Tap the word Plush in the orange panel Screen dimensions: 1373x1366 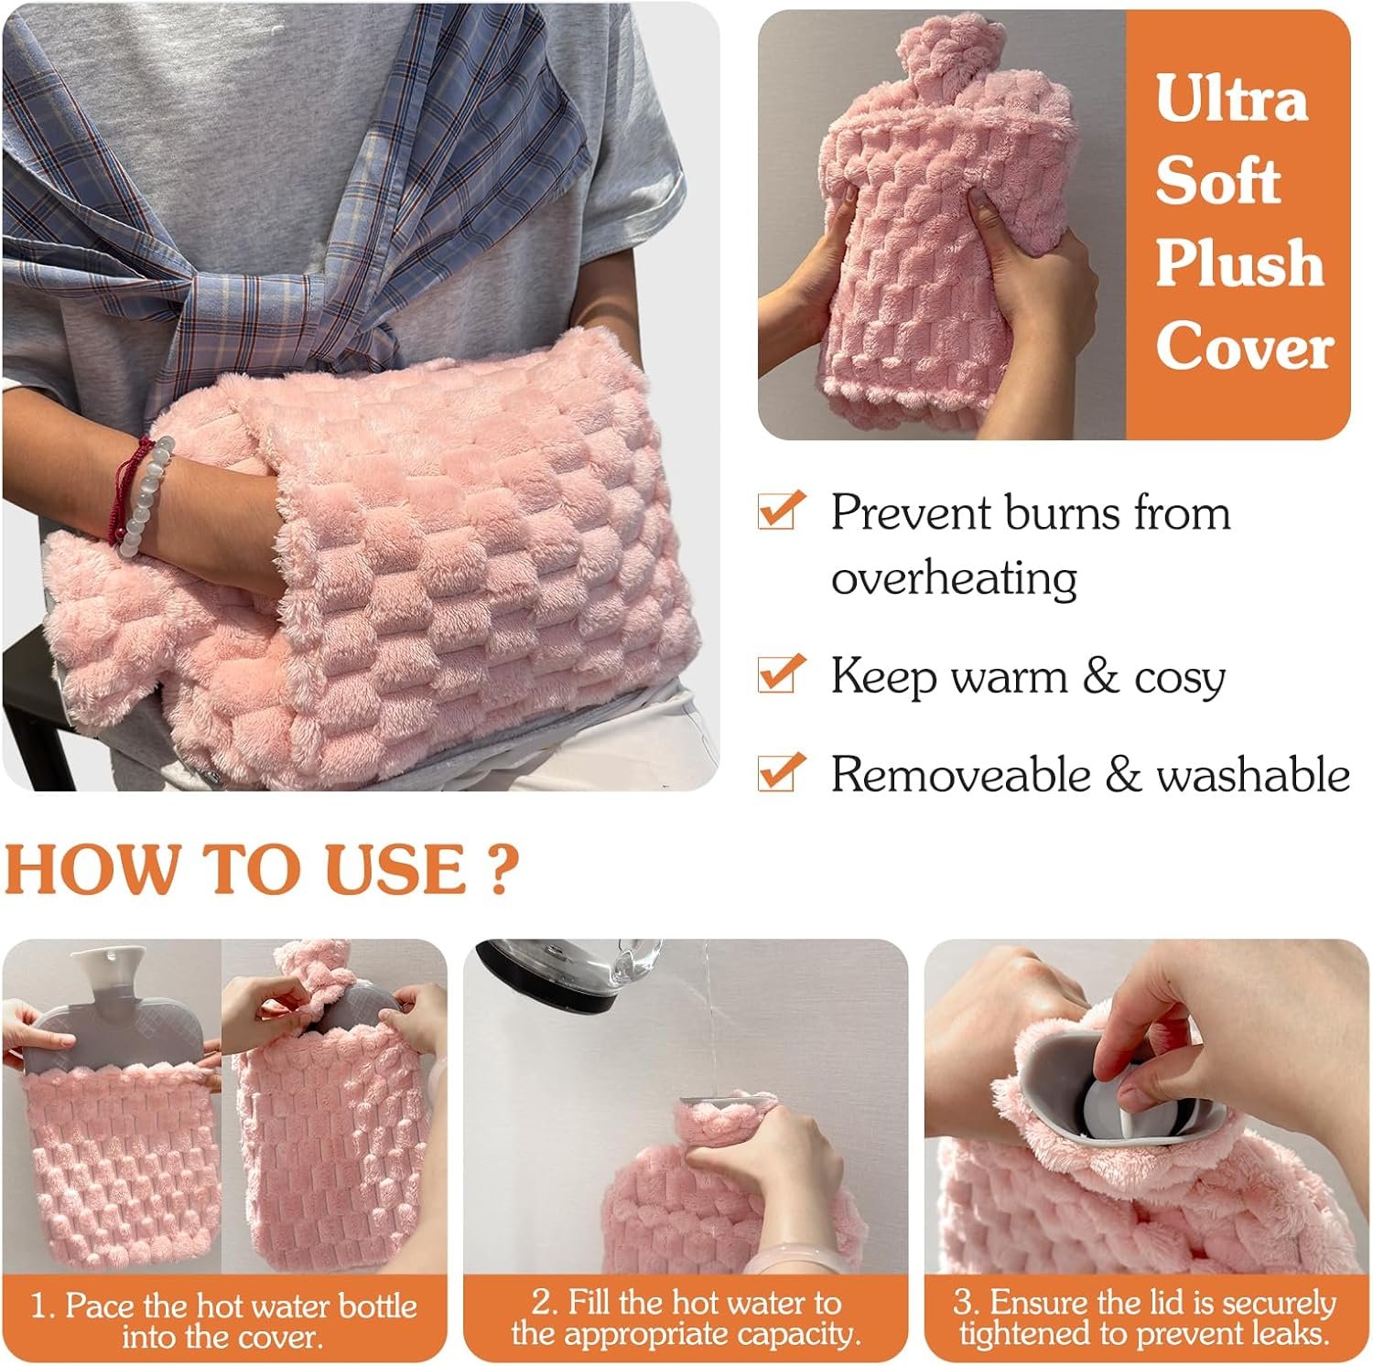tap(1239, 264)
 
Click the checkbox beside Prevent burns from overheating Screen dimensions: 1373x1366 tap(781, 511)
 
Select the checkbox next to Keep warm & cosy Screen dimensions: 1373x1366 tap(781, 674)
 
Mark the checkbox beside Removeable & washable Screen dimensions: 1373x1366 tap(781, 771)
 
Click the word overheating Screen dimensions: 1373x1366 tap(954, 578)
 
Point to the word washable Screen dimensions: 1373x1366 tap(1253, 775)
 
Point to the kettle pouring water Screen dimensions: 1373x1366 tap(568, 974)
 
